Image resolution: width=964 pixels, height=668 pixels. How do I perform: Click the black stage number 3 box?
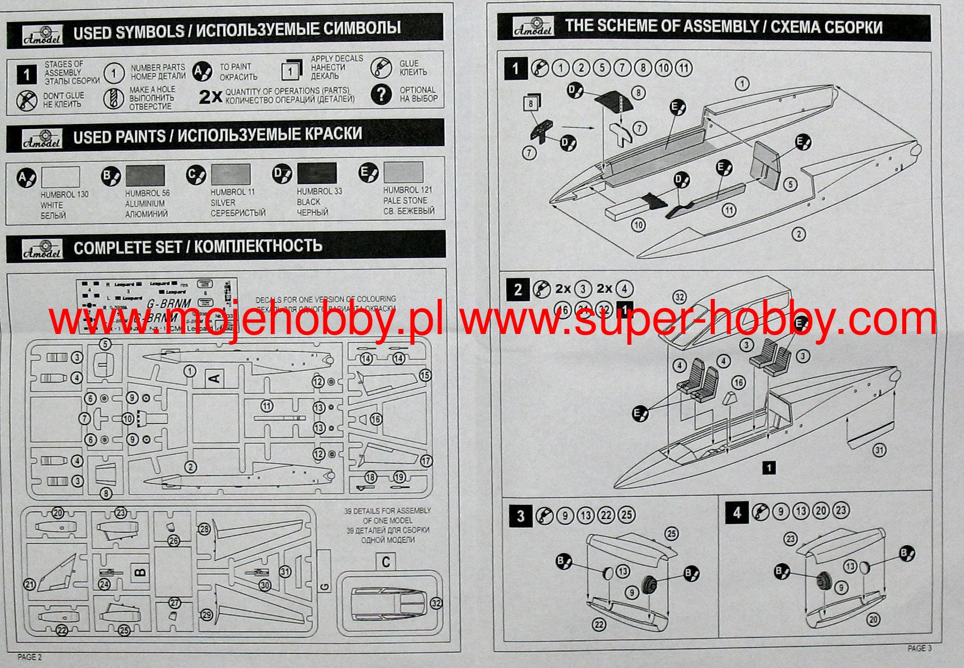[520, 516]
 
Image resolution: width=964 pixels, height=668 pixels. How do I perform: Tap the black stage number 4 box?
[736, 513]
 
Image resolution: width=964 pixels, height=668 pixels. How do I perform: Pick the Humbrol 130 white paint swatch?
[61, 177]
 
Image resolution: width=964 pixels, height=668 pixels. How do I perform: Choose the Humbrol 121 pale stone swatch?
[403, 172]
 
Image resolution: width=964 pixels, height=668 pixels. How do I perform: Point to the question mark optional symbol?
[382, 95]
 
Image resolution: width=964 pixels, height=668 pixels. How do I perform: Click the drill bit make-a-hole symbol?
[113, 99]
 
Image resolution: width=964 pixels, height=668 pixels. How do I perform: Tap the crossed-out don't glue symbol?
[26, 100]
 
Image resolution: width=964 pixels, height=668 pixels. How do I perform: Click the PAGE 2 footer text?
[29, 657]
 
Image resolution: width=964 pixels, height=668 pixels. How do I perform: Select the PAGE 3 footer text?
[919, 648]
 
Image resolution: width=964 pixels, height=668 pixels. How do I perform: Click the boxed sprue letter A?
[215, 378]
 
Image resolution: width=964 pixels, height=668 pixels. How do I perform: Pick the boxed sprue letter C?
[386, 562]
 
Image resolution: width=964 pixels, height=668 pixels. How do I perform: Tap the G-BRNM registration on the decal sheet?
[169, 304]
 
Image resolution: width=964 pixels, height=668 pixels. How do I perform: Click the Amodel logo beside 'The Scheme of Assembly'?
[532, 27]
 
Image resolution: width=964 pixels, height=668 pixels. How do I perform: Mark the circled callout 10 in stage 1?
[638, 225]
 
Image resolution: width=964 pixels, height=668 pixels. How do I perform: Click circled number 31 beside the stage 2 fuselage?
[878, 450]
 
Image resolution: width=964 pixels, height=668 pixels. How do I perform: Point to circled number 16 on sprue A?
[376, 419]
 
